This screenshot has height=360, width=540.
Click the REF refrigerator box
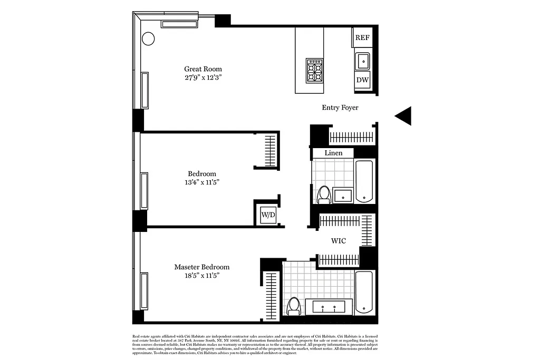(362, 37)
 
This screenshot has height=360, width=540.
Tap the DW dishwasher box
(362, 80)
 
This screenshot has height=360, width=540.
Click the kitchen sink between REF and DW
(363, 61)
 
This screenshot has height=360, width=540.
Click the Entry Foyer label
(340, 108)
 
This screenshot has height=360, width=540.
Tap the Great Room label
(203, 69)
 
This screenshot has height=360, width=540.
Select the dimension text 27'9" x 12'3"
(203, 77)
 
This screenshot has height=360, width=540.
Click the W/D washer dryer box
(268, 215)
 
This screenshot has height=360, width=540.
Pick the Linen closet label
(333, 153)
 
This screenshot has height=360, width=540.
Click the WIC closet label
(339, 241)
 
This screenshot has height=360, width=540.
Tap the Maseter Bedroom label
(202, 267)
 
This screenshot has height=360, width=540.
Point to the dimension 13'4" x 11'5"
(202, 182)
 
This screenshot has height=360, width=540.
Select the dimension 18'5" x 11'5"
(202, 276)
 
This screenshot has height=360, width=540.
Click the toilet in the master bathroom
(294, 306)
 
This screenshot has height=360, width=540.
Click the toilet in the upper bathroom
(324, 194)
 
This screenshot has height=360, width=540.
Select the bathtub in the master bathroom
(364, 292)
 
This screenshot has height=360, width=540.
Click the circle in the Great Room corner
(148, 38)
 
